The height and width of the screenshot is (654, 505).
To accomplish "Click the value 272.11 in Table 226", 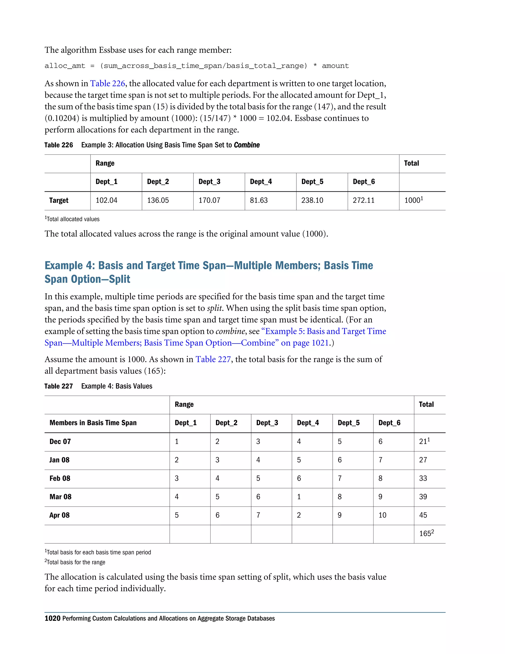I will (x=363, y=200).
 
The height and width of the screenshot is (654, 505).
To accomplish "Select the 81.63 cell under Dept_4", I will (x=259, y=200).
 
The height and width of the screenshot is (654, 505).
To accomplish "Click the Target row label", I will (x=59, y=200).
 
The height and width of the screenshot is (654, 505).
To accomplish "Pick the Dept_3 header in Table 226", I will (x=209, y=182).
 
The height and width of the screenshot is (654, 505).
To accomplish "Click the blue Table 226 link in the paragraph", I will (x=108, y=84).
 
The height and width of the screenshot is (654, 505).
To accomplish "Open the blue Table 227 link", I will (x=213, y=359).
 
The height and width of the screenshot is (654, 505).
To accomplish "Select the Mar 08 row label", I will (x=60, y=497).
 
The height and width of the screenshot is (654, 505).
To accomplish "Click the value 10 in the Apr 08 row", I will (x=382, y=515).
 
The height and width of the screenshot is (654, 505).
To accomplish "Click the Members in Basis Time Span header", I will (x=93, y=423).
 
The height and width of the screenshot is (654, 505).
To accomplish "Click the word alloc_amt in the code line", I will (x=65, y=66).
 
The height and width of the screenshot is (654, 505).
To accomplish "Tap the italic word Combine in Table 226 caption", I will (x=247, y=145).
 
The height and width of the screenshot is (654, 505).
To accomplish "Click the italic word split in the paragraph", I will (x=215, y=308).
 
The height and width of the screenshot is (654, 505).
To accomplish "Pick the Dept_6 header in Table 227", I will (x=389, y=423).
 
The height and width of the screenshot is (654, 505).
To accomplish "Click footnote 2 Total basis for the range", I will (x=75, y=562).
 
